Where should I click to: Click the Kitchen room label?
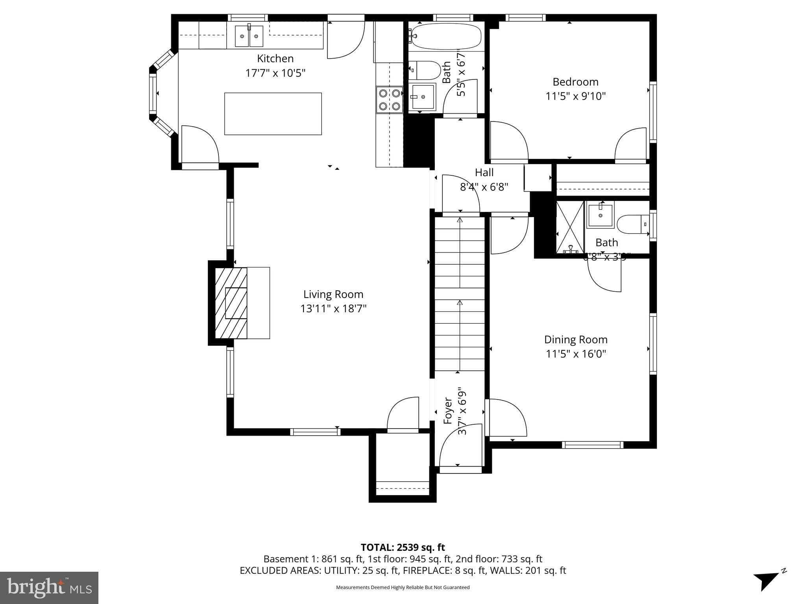coord(275,59)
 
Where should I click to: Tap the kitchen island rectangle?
coord(273,114)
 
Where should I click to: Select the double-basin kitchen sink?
coord(249,36)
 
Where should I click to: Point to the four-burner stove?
coord(389,99)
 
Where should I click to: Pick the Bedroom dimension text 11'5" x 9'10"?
coord(575,96)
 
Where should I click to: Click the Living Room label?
coord(333,294)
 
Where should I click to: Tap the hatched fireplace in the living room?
coord(231,303)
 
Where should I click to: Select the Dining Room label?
coord(575,339)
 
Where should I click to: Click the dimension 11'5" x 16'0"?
coord(575,354)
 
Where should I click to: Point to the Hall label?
coord(484,173)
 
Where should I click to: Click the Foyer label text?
coord(448,411)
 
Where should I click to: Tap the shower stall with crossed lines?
coord(569,227)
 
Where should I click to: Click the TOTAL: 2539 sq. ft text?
coord(403,547)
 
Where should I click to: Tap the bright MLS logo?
coord(49,587)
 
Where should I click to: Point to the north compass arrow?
coord(767,580)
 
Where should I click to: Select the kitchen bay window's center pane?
coord(153,94)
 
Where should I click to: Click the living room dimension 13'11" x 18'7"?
coord(333,309)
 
